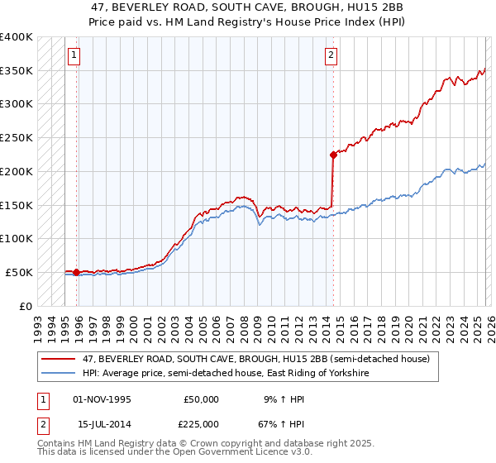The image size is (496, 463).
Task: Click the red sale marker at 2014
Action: pos(333,154)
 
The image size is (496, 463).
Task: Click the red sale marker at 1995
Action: pos(76,272)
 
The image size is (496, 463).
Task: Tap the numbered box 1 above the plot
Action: pos(74,55)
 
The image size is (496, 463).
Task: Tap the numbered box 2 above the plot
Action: pos(331,55)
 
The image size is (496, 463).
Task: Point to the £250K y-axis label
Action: pos(17,138)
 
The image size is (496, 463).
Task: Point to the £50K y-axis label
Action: pos(20,272)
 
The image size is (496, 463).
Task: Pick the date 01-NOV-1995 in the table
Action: pos(103,399)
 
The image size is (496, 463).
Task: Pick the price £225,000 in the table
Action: pos(201,424)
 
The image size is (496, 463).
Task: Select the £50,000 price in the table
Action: pos(201,399)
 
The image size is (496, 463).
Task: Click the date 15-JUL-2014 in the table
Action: pos(103,424)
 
